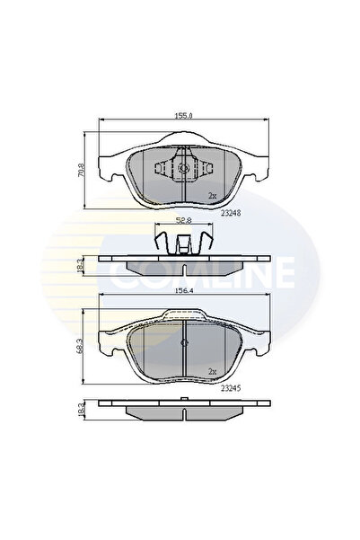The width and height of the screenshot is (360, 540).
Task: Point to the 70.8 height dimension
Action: pyautogui.click(x=80, y=169)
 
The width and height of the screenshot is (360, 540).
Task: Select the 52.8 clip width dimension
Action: pyautogui.click(x=182, y=220)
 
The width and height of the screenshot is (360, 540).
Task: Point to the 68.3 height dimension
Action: pyautogui.click(x=80, y=345)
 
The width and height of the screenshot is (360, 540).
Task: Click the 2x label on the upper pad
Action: pyautogui.click(x=212, y=195)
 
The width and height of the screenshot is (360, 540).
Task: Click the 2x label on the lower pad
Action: pyautogui.click(x=212, y=371)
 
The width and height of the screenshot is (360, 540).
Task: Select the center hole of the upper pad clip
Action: pyautogui.click(x=182, y=168)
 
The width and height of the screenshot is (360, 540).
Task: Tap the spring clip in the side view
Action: pyautogui.click(x=182, y=241)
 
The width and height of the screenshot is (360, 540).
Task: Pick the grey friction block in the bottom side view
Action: pyautogui.click(x=182, y=412)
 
